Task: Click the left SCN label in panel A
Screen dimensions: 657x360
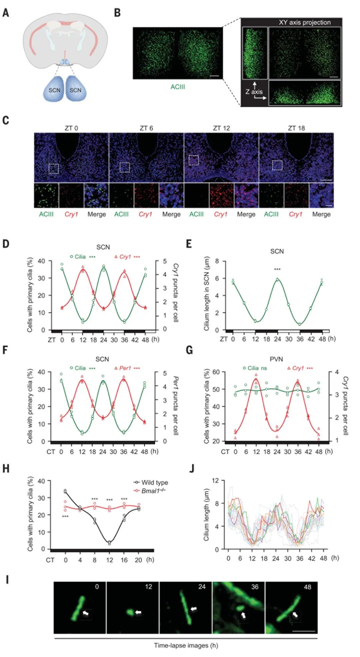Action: pyautogui.click(x=55, y=90)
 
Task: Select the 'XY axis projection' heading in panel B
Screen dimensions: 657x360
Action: pyautogui.click(x=305, y=23)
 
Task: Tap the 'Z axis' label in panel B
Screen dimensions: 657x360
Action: pyautogui.click(x=254, y=92)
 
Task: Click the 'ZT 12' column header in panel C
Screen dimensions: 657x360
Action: pyautogui.click(x=221, y=128)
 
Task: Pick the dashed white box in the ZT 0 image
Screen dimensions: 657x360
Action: pyautogui.click(x=54, y=169)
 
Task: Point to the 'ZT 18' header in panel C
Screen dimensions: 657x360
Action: pyautogui.click(x=296, y=128)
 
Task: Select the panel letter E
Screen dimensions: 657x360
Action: pyautogui.click(x=189, y=244)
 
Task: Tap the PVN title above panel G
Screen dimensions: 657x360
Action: pyautogui.click(x=276, y=359)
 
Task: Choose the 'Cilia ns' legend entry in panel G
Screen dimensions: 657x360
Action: pyautogui.click(x=255, y=368)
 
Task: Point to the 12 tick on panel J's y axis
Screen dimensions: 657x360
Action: pyautogui.click(x=215, y=480)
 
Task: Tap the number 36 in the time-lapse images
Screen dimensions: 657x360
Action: pyautogui.click(x=255, y=587)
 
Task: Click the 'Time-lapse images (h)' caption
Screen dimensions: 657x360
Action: pyautogui.click(x=186, y=645)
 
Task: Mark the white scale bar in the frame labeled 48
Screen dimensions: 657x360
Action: pyautogui.click(x=304, y=631)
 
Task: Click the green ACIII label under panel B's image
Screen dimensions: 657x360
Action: pyautogui.click(x=178, y=87)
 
